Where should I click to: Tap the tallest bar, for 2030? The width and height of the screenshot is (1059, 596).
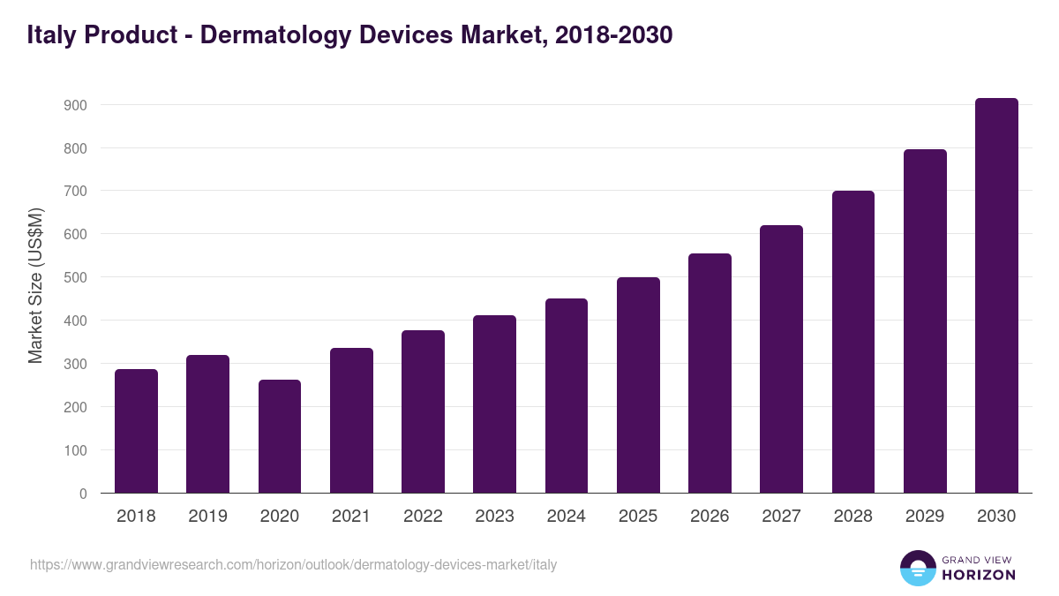996,296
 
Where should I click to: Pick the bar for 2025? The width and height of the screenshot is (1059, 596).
638,385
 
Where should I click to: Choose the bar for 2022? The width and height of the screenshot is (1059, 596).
423,411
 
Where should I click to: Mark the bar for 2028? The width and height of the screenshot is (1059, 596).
853,342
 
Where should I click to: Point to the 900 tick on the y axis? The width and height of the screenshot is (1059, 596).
74,105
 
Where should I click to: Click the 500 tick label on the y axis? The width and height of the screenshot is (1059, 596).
74,277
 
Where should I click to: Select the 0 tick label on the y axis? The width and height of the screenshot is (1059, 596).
83,494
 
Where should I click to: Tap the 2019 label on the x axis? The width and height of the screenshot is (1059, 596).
207,517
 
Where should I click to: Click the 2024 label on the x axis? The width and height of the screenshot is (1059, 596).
566,517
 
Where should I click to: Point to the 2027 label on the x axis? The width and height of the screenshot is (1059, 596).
781,517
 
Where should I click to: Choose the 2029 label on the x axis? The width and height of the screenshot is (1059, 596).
925,517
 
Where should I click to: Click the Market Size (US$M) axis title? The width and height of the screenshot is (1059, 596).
36,284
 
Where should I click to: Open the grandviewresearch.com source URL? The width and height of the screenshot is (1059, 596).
294,564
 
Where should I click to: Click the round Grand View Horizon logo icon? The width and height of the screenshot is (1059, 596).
918,568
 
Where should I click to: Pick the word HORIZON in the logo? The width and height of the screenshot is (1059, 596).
979,575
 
